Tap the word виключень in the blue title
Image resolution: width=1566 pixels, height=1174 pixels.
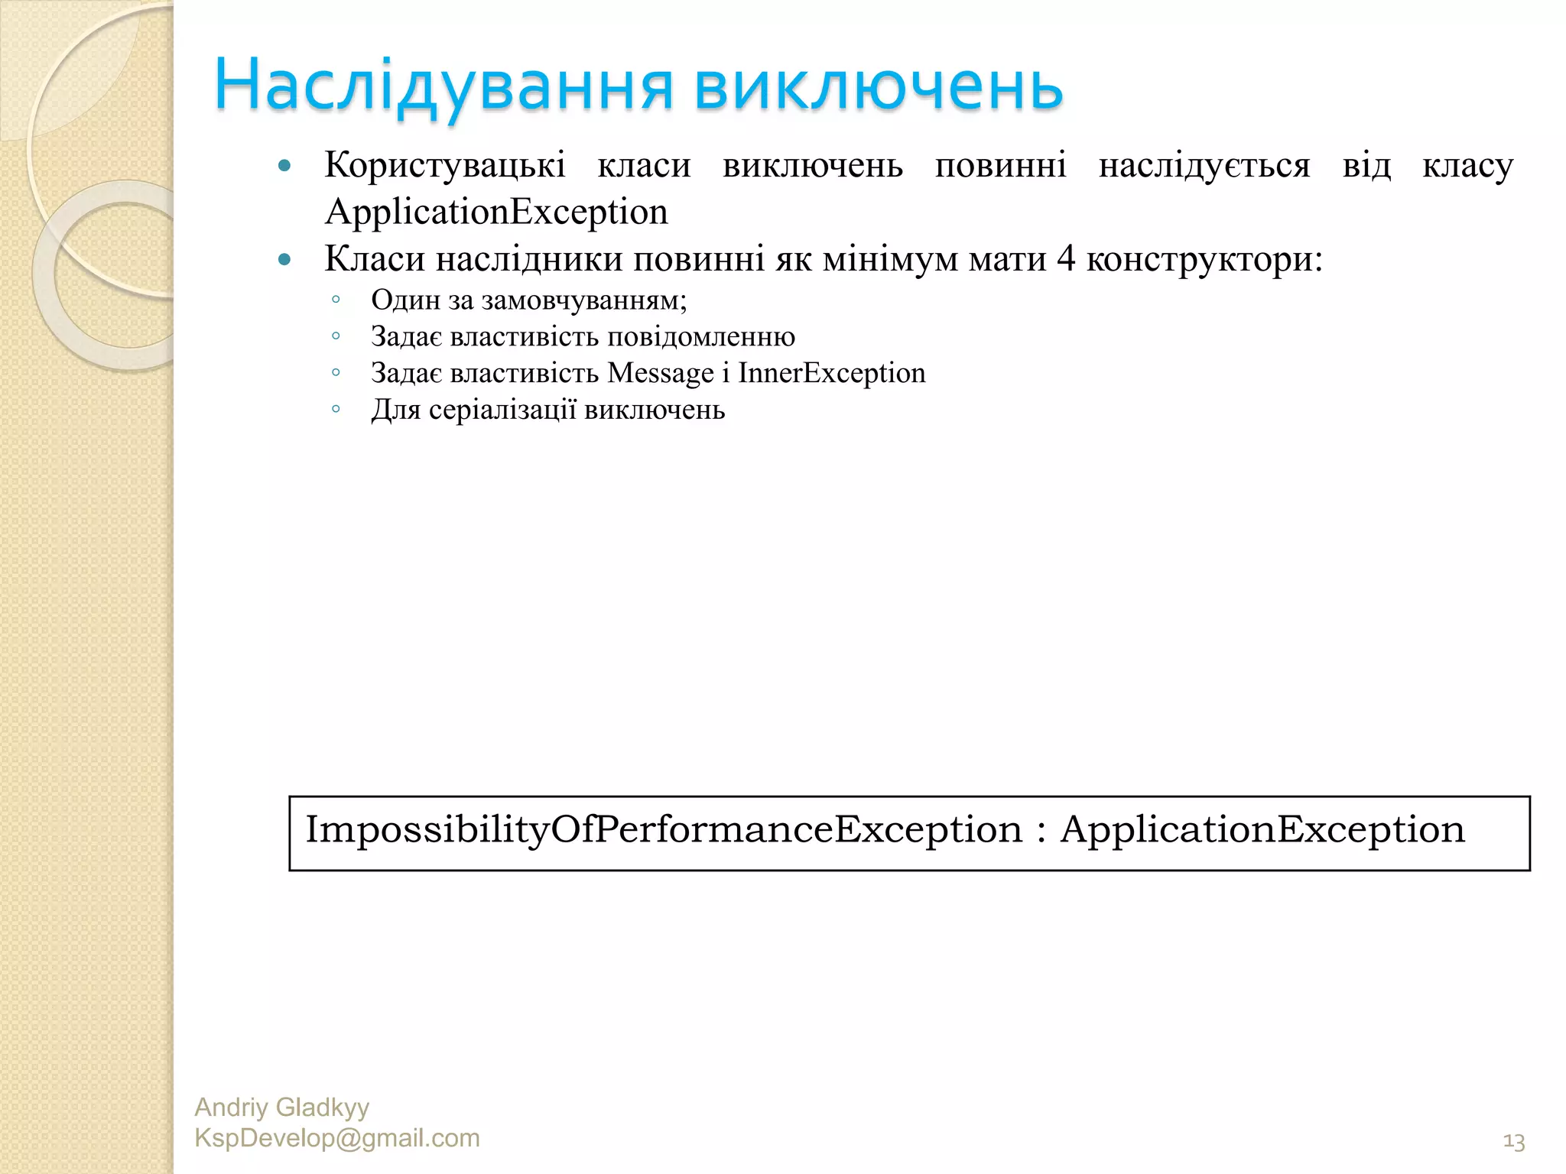[x=879, y=86]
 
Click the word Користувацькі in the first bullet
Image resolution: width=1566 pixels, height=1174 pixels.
[x=445, y=165]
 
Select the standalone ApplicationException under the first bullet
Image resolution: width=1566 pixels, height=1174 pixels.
[x=496, y=212]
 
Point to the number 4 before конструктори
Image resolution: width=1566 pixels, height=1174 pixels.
[x=1066, y=258]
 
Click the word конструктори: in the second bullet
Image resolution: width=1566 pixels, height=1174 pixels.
[x=1204, y=260]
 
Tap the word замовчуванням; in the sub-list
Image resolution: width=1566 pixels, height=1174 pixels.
[x=584, y=300]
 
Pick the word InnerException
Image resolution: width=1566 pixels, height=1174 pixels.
[x=831, y=373]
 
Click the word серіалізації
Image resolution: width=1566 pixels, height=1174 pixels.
[x=502, y=410]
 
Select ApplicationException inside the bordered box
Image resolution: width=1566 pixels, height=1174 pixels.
[x=1262, y=829]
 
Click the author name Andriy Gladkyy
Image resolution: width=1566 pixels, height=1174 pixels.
[x=281, y=1107]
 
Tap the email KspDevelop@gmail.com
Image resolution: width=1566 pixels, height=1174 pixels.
[x=337, y=1138]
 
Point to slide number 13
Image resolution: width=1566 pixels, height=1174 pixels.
[x=1513, y=1142]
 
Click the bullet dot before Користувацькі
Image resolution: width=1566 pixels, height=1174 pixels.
[x=285, y=165]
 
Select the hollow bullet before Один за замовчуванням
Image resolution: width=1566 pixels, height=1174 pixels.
[x=336, y=300]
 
